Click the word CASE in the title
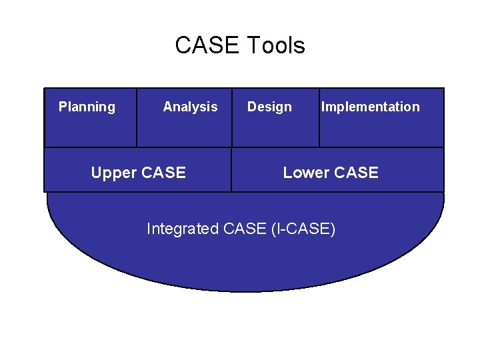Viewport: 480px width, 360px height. pos(207,46)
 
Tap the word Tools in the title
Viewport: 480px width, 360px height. pos(275,46)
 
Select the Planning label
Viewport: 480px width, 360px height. pos(87,107)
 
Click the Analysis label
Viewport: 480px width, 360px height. pos(190,107)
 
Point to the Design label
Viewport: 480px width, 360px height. pos(269,107)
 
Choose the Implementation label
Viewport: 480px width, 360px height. pos(371,107)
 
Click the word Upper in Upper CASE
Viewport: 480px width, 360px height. pos(115,173)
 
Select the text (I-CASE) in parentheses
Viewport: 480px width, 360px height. pos(303,229)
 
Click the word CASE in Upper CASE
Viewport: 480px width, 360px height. pos(163,173)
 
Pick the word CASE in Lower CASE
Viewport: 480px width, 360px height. pos(356,173)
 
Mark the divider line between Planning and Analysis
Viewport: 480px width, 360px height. pos(137,117)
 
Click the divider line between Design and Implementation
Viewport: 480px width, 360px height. pos(319,117)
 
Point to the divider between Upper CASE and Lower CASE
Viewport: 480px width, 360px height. pos(231,169)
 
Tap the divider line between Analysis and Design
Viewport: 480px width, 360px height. pos(232,117)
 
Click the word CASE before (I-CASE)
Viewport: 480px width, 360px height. pos(246,229)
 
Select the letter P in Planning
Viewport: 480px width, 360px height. pos(63,107)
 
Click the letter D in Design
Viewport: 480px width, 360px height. pos(251,107)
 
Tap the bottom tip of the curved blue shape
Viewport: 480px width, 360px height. pos(245,291)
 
